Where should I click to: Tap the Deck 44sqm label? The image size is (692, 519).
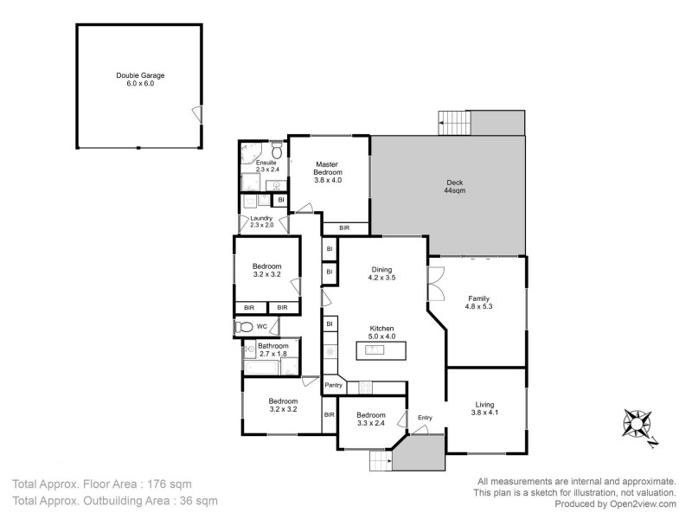455,187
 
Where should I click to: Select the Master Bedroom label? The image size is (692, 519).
327,169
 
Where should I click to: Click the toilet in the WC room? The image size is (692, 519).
245,327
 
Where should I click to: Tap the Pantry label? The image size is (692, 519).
334,385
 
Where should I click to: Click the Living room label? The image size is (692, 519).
485,404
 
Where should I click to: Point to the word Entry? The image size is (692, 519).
425,419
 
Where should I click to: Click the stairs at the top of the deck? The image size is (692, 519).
454,123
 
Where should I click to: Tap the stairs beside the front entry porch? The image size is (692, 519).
380,461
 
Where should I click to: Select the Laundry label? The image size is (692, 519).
261,218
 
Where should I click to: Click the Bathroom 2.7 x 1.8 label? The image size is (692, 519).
273,349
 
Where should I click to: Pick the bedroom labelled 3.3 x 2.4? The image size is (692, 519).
371,419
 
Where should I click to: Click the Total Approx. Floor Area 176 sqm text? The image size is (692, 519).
102,484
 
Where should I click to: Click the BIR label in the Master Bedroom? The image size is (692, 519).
344,227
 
